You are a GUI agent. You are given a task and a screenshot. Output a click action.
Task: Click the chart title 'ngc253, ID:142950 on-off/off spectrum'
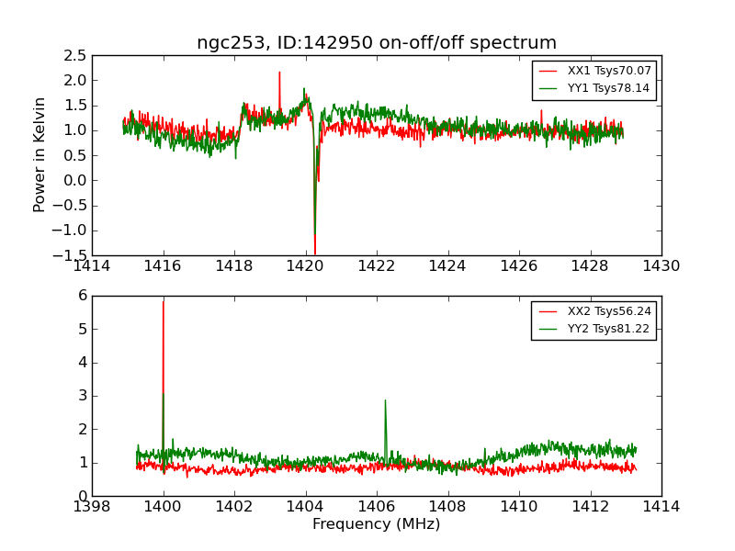[377, 43]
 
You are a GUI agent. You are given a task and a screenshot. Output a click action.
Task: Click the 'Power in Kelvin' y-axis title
[40, 154]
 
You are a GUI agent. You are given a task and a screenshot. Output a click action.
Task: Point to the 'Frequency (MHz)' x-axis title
[377, 524]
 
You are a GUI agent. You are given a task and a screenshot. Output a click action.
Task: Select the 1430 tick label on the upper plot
[661, 266]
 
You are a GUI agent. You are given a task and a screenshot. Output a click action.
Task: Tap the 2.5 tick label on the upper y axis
[74, 55]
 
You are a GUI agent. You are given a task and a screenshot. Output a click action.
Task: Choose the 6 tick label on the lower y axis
[82, 296]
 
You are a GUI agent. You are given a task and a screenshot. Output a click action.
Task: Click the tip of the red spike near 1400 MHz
[164, 301]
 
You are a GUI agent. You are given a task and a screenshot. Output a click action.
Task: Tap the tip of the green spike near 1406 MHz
[385, 399]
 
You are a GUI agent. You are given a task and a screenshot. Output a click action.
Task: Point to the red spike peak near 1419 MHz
[279, 72]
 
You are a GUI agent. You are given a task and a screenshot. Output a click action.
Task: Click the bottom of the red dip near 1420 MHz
[314, 253]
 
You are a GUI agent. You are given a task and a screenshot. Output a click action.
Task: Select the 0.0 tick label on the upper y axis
[74, 180]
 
